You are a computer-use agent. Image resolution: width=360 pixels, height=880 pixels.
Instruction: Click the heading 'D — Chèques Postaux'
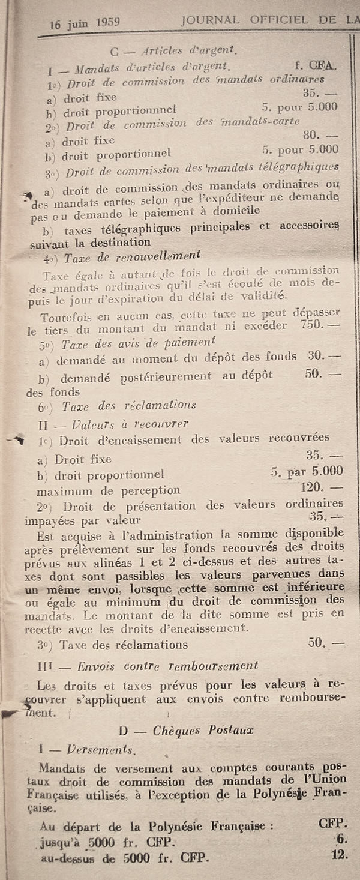pos(187,730)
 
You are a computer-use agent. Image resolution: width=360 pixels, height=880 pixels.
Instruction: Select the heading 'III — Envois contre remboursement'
pos(147,665)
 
